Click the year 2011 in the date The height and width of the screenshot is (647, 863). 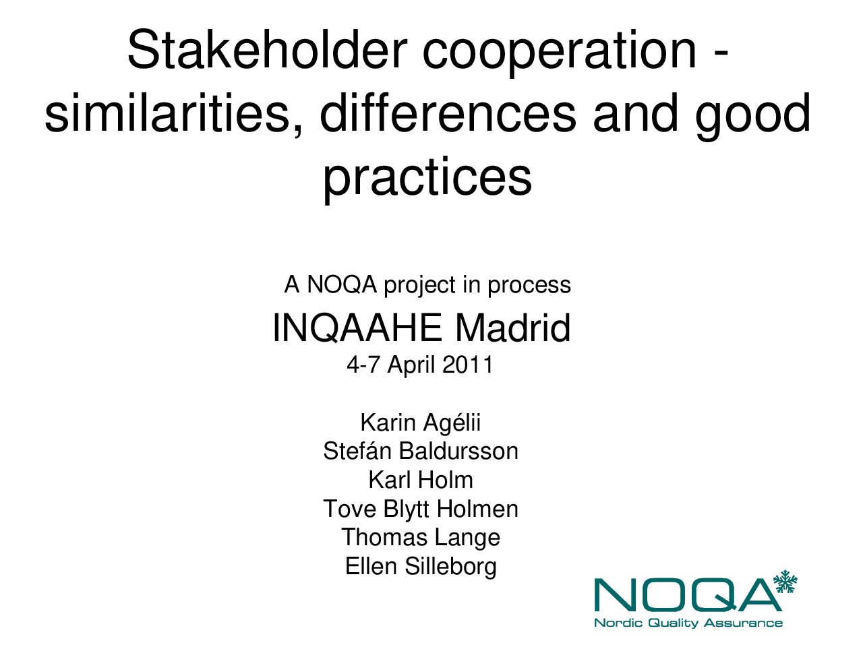tap(467, 364)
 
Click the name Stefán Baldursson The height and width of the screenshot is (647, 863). tap(421, 451)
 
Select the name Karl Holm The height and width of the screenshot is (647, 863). tap(421, 480)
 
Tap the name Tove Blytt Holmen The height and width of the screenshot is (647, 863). tap(421, 510)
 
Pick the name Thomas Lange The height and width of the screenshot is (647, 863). tap(421, 538)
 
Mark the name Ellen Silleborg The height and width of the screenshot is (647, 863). tap(421, 567)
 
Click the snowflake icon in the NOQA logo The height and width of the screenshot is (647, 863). tap(785, 582)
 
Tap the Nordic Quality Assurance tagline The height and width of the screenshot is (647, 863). tap(688, 623)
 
